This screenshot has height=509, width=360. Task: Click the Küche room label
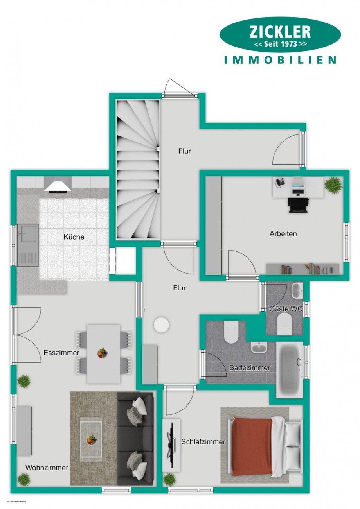pyautogui.click(x=74, y=237)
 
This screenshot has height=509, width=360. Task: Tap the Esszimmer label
pyautogui.click(x=61, y=353)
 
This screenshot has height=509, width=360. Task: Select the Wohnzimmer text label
pyautogui.click(x=47, y=468)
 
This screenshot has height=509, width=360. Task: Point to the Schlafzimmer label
pyautogui.click(x=203, y=442)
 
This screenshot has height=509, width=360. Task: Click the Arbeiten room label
pyautogui.click(x=283, y=234)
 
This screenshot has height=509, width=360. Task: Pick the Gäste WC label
pyautogui.click(x=286, y=309)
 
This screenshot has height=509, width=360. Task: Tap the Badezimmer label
pyautogui.click(x=250, y=368)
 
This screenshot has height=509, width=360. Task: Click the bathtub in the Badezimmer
pyautogui.click(x=290, y=369)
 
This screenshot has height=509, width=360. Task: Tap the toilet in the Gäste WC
pyautogui.click(x=284, y=324)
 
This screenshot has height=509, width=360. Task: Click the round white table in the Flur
pyautogui.click(x=161, y=324)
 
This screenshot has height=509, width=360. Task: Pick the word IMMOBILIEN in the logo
pyautogui.click(x=280, y=60)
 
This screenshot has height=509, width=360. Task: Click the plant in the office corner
pyautogui.click(x=333, y=184)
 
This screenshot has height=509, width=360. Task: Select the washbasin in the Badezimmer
pyautogui.click(x=259, y=347)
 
